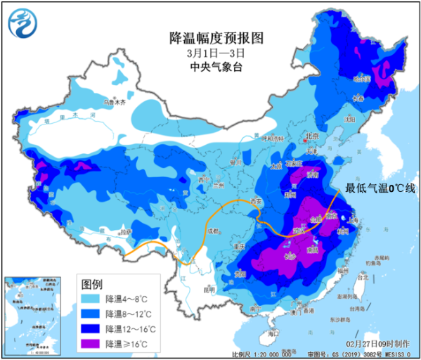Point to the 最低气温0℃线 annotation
click(380, 188)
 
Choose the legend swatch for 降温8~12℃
click(91, 314)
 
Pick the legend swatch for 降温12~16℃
click(91, 328)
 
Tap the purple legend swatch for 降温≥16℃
click(91, 343)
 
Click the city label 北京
click(311, 136)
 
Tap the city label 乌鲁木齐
click(115, 102)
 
